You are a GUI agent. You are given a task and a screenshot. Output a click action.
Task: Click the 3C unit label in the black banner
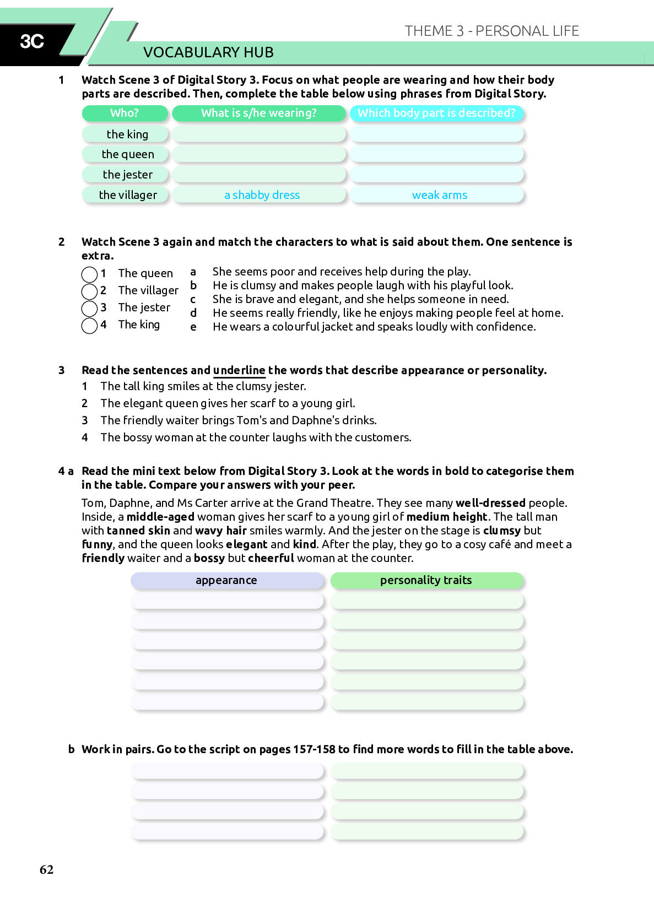pos(32,41)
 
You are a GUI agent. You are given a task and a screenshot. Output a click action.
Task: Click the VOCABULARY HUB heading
pos(208,52)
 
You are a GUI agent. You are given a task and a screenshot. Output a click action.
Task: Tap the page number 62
pos(47,869)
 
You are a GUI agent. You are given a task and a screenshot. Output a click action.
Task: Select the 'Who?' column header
pos(125,113)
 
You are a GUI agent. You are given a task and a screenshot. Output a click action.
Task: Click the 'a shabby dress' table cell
pos(262,195)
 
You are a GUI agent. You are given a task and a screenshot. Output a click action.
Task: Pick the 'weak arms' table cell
pos(439,195)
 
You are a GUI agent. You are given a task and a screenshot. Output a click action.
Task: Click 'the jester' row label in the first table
pos(127,175)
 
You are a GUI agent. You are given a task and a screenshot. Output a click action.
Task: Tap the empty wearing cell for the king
pos(259,134)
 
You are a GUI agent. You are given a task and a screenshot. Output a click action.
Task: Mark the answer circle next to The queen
pos(89,274)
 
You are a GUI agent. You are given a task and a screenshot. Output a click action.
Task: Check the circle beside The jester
pos(89,308)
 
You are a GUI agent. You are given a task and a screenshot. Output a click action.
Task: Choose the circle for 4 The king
pos(89,325)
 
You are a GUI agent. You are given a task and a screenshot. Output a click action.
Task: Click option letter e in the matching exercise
pos(193,327)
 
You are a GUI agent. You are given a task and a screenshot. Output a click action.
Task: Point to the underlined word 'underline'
pos(239,370)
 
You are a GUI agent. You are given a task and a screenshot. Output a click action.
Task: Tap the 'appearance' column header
pos(226,580)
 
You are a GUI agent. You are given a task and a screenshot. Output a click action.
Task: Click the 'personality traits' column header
pos(426,580)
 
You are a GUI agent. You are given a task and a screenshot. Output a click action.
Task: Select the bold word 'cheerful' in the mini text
pos(271,558)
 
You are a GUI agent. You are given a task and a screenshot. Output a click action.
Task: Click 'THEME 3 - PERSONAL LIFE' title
pos(491,31)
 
